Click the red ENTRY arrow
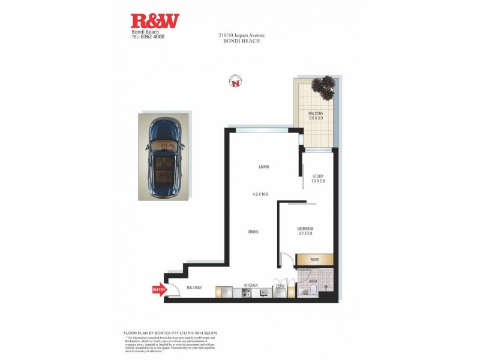[160, 290]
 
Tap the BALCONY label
[316, 113]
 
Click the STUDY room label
[318, 176]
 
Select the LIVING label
[263, 167]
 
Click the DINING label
[253, 232]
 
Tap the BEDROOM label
[305, 229]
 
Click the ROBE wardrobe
[315, 259]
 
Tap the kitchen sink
[263, 293]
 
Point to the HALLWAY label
[194, 288]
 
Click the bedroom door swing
[286, 260]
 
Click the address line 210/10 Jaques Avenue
[241, 36]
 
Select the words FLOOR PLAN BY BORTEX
[148, 332]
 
